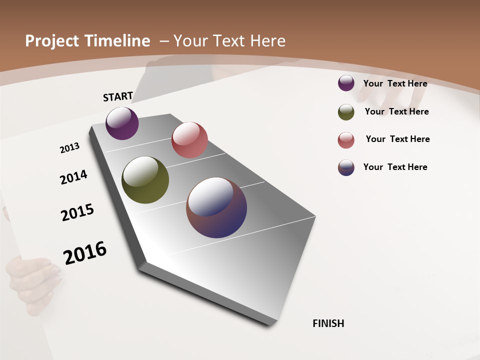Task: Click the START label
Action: (x=118, y=96)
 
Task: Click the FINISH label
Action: (x=328, y=323)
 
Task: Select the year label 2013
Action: (x=70, y=147)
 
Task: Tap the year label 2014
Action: (x=74, y=177)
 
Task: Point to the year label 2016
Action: (x=85, y=253)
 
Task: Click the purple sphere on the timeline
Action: (x=122, y=123)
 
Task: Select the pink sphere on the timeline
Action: (x=189, y=140)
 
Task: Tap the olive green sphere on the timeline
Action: (x=145, y=180)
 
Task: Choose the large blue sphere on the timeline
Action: (x=216, y=207)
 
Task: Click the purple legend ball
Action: (x=346, y=83)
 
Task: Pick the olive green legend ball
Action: (x=346, y=112)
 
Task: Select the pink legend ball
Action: (x=346, y=140)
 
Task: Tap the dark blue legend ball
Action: (x=346, y=167)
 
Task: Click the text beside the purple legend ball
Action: (x=395, y=83)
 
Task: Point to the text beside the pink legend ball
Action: (x=397, y=139)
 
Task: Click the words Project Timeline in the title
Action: (x=87, y=41)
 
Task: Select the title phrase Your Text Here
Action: (x=229, y=41)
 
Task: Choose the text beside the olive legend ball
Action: (x=396, y=111)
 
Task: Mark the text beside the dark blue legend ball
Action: (x=395, y=167)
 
